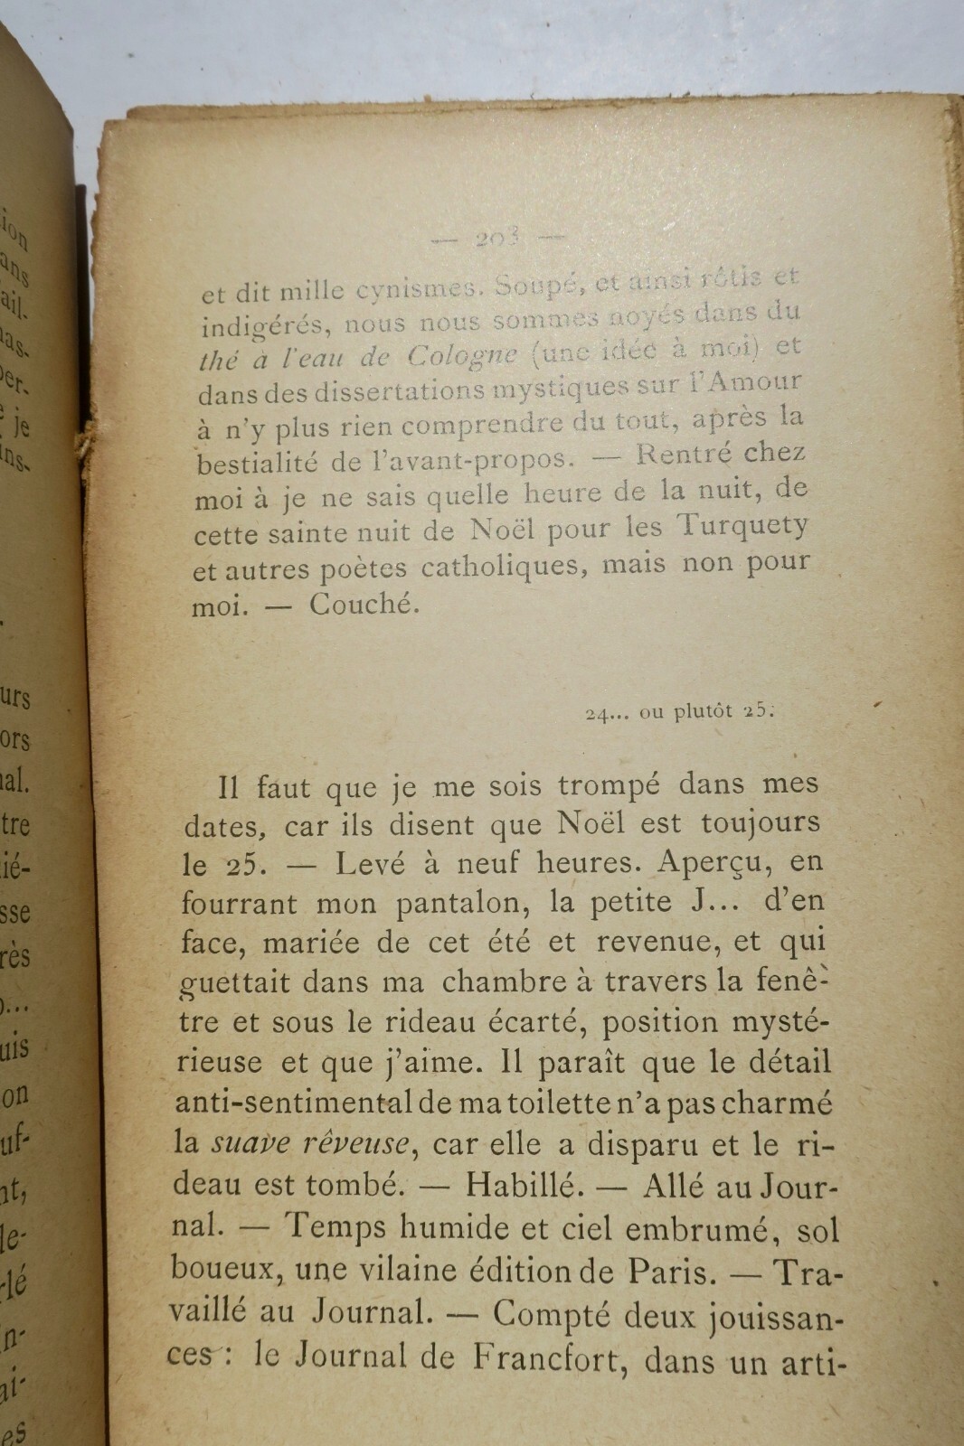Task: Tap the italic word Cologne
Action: pyautogui.click(x=462, y=354)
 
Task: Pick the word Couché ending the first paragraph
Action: pyautogui.click(x=364, y=604)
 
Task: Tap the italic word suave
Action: pyautogui.click(x=250, y=1143)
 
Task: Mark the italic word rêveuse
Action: pyautogui.click(x=356, y=1143)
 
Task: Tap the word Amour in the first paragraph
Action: pyautogui.click(x=754, y=381)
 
